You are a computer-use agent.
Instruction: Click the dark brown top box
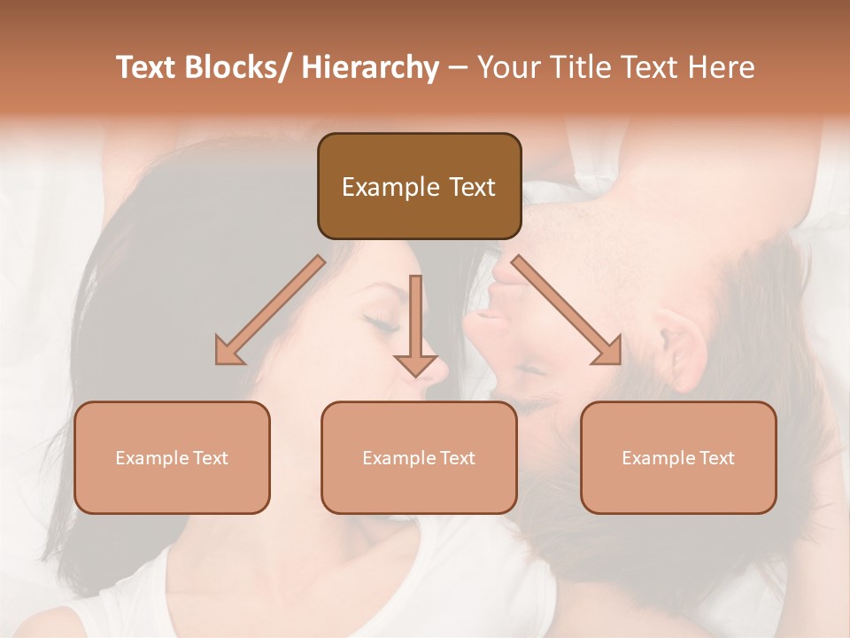coord(419,186)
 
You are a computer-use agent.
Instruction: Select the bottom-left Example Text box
coord(172,457)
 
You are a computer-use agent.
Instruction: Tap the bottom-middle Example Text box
coord(419,457)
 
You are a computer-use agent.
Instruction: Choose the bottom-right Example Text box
coord(678,457)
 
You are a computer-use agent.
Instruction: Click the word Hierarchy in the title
coord(370,67)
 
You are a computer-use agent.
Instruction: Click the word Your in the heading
coord(507,67)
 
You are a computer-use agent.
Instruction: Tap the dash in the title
coord(458,67)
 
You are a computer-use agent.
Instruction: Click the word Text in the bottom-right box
coord(716,458)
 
